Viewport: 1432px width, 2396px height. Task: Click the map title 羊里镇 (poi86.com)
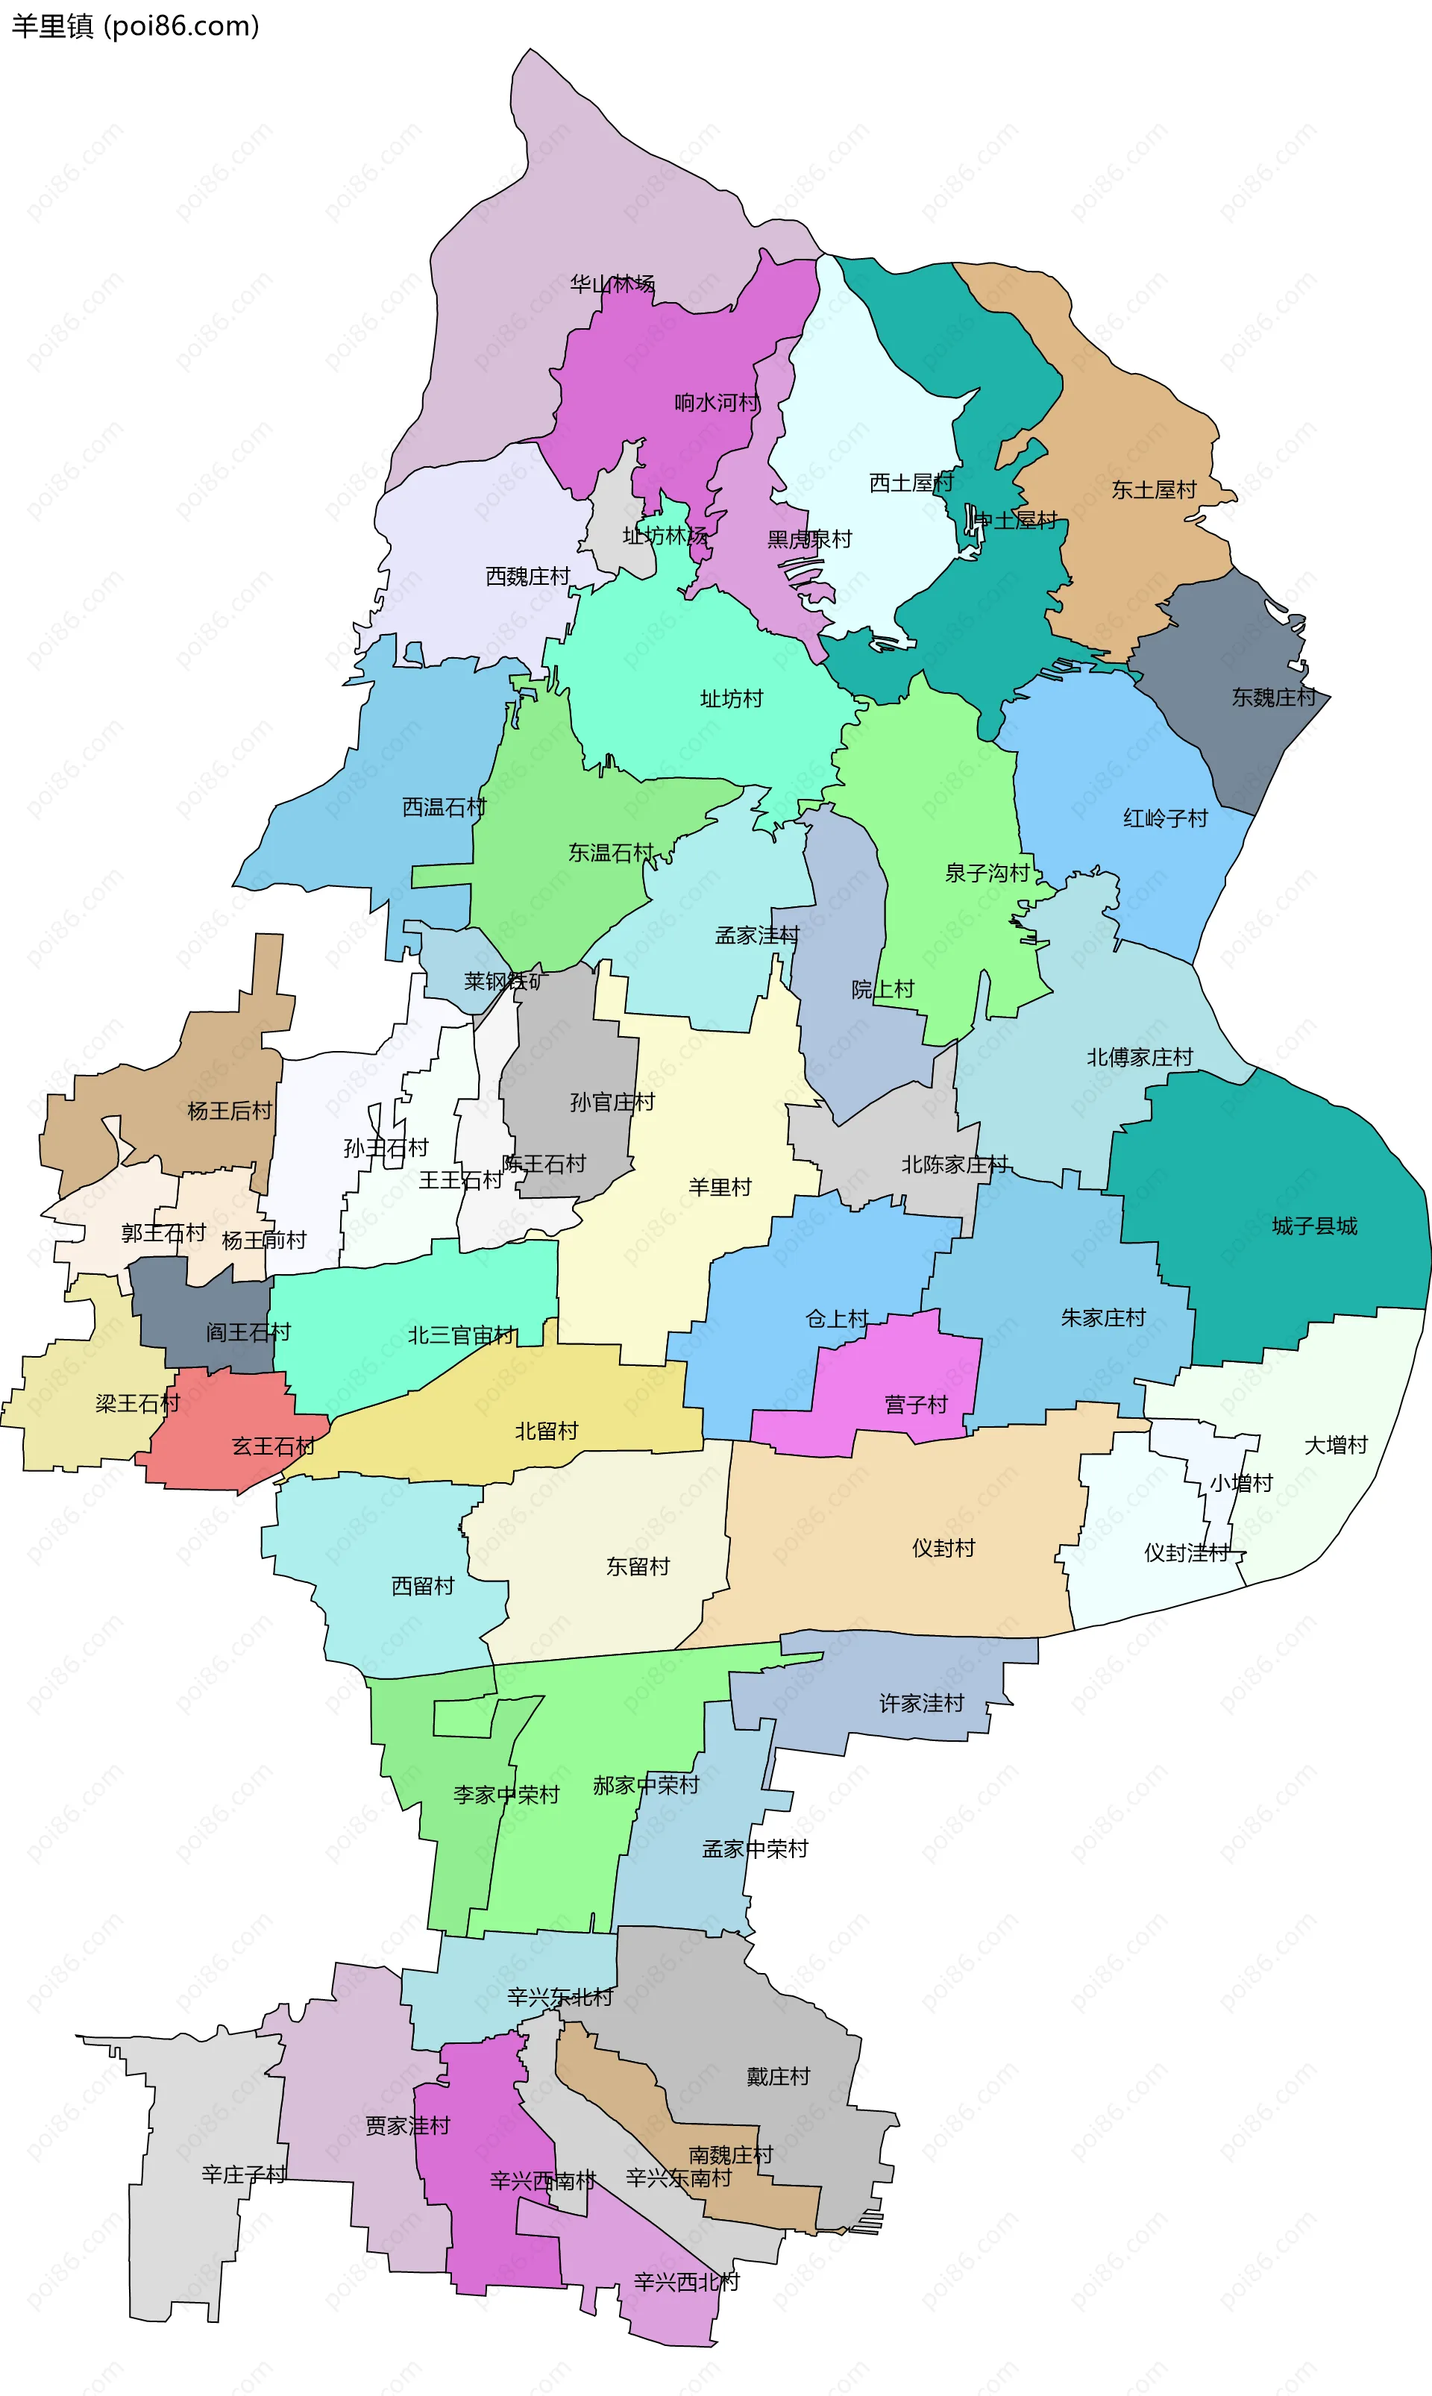tap(135, 25)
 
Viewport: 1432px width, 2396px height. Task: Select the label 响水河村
tap(716, 402)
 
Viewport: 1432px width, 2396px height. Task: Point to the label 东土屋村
tap(1153, 490)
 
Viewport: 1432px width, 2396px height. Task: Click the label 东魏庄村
tap(1273, 697)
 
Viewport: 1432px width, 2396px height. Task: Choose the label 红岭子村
tap(1165, 818)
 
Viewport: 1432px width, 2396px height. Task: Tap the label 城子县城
tap(1313, 1226)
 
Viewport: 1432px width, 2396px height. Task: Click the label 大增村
tap(1336, 1445)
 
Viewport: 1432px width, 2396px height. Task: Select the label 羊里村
tap(719, 1187)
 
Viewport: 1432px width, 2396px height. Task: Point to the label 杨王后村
tap(229, 1111)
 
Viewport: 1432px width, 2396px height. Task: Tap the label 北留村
tap(545, 1431)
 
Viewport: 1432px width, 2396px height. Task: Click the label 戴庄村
tap(778, 2076)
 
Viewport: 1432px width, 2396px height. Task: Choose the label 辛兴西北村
tap(686, 2282)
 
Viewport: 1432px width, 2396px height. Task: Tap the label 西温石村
tap(443, 806)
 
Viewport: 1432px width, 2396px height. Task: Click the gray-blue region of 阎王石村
tap(193, 1302)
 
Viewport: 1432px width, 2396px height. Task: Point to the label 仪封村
tap(943, 1548)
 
